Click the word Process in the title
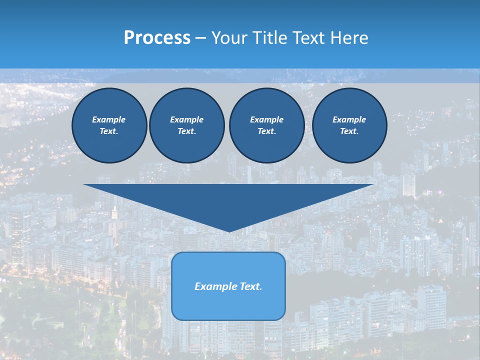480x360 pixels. tap(157, 38)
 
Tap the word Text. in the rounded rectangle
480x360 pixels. tap(251, 286)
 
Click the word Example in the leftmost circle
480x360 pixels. tap(109, 119)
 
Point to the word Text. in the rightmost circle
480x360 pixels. tap(349, 131)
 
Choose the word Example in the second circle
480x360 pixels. tap(186, 119)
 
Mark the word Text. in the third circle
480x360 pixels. tap(266, 131)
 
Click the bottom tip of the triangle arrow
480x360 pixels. tap(228, 230)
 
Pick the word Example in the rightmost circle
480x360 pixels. tap(349, 119)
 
